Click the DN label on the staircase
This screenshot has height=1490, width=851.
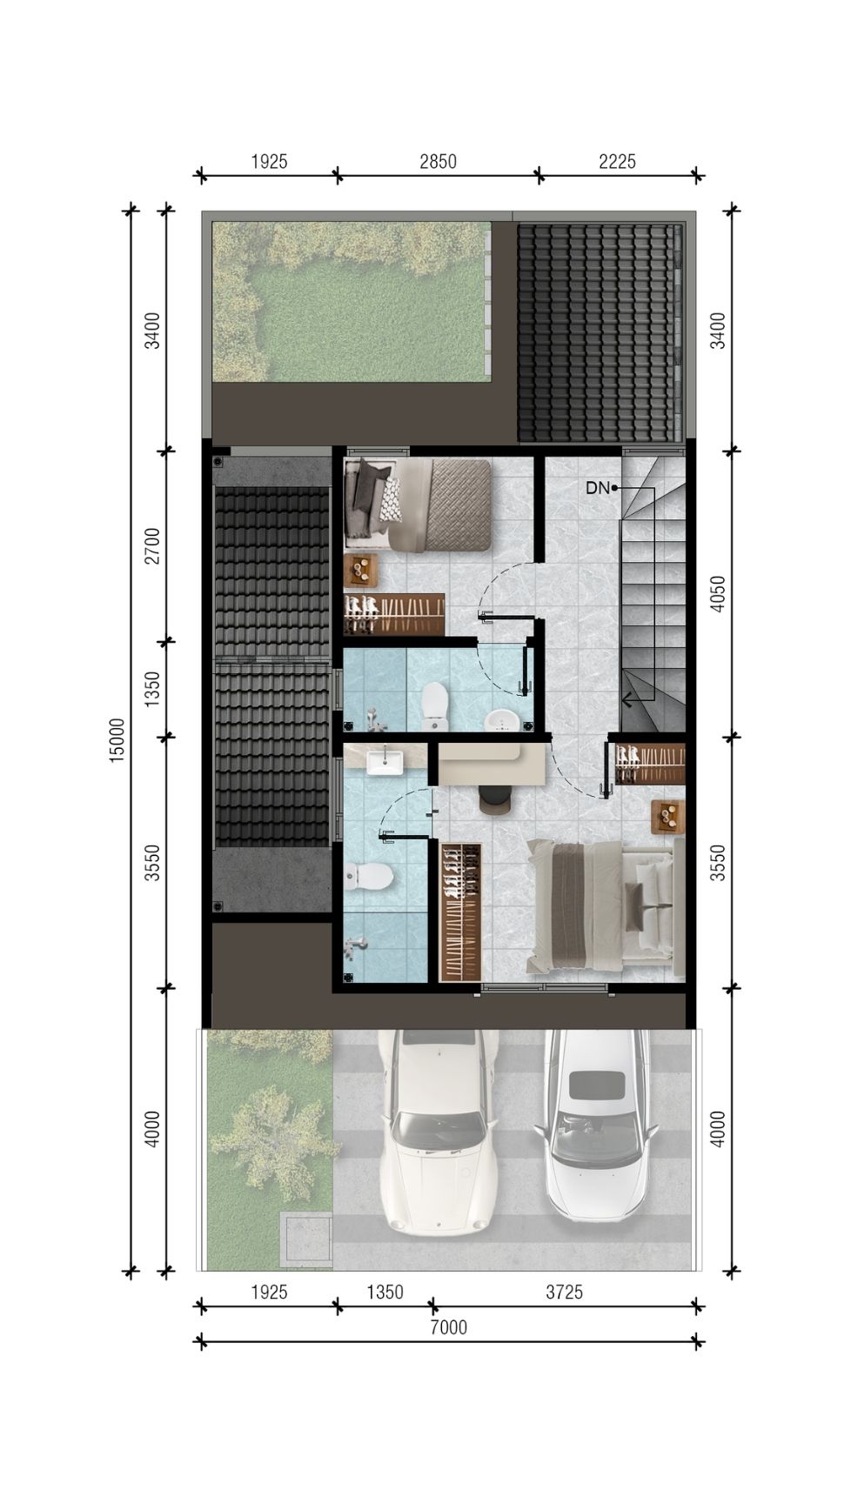(x=597, y=488)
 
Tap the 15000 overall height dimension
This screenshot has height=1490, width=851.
(x=117, y=740)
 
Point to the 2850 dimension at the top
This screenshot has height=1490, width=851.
(x=438, y=161)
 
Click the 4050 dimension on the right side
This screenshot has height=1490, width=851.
(x=717, y=593)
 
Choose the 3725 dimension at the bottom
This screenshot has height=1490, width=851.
(x=564, y=1292)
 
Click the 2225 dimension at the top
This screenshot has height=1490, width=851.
(x=618, y=161)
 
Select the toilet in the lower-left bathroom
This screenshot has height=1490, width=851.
(x=366, y=876)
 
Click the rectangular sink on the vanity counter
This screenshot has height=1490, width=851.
(x=384, y=762)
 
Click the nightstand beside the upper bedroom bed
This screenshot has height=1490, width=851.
(x=360, y=570)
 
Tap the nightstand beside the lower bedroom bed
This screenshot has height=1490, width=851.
(x=668, y=816)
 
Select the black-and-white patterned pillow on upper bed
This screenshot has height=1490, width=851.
(x=390, y=500)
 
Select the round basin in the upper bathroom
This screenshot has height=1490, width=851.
(x=502, y=721)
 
